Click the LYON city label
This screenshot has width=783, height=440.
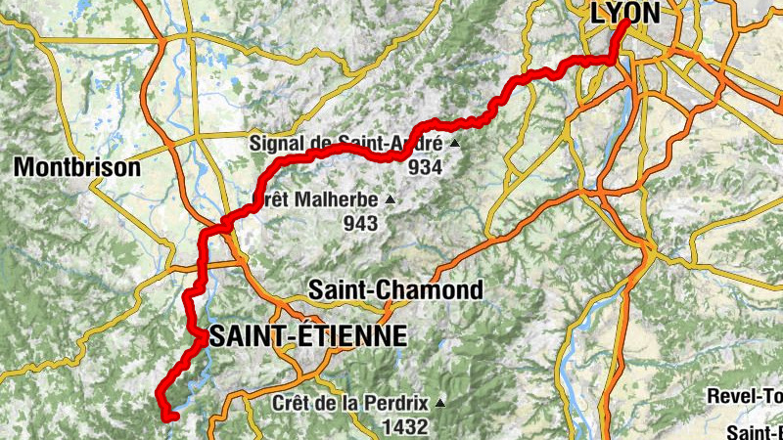pos(625,12)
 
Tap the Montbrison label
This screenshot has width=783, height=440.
pos(77,167)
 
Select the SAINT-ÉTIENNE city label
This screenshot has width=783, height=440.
pos(307,336)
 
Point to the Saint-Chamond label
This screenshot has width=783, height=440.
pos(394,290)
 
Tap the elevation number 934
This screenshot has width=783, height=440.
pos(425,167)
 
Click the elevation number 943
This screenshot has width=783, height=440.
pos(360,223)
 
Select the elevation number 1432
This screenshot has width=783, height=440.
pos(405,426)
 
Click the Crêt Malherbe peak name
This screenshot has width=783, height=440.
pos(315,199)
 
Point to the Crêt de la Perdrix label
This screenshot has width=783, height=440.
pos(351,402)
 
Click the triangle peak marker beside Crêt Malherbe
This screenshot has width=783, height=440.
pos(391,199)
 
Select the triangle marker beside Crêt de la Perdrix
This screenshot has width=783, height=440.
pos(440,402)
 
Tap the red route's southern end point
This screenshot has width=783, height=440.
pos(170,418)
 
